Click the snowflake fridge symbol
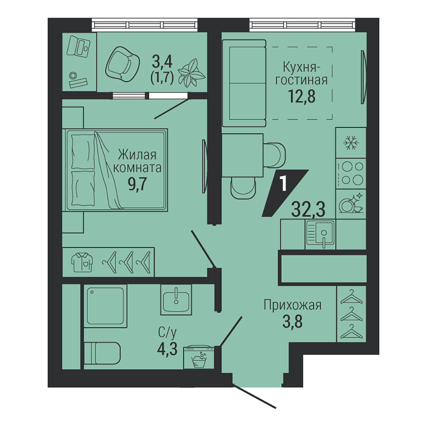coord(351,143)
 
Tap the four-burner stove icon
coord(351,174)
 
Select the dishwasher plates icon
coord(351,204)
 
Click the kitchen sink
coord(320,234)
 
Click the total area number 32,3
coord(308,210)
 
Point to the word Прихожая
coord(292,305)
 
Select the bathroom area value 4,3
coord(167,349)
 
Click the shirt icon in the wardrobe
coord(82,262)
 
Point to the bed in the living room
coord(115,170)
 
